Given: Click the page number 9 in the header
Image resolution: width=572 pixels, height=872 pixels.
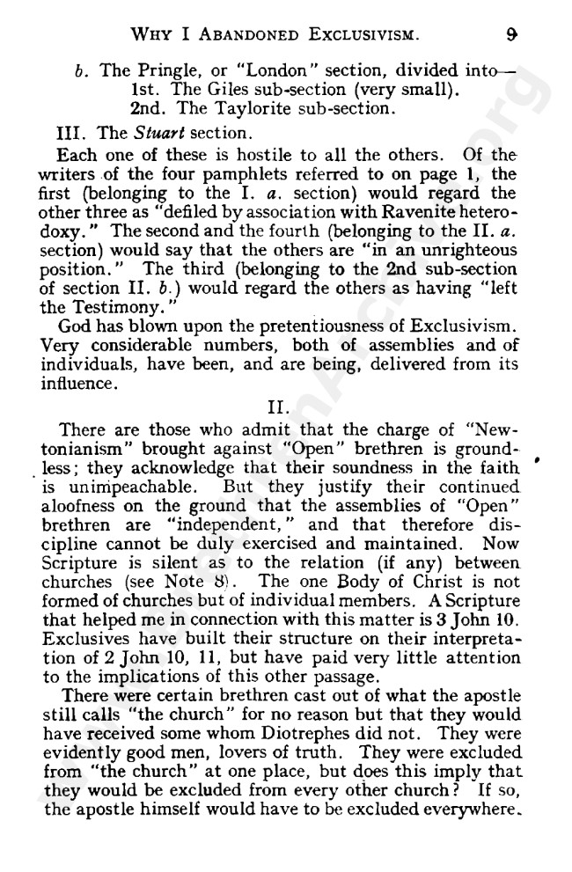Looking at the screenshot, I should coord(510,36).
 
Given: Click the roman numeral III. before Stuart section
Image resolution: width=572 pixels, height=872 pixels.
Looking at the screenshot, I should coord(69,134).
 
